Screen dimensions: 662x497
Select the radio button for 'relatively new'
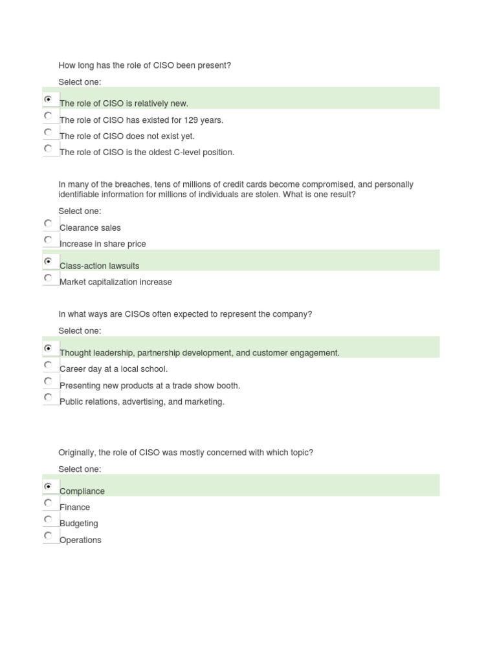[x=48, y=100]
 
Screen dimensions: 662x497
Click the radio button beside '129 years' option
[x=48, y=116]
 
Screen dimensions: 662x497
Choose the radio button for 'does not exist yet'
[x=48, y=132]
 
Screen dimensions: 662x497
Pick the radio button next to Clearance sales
[x=48, y=223]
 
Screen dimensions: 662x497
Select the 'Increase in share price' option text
[x=103, y=244]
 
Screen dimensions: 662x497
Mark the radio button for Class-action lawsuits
[x=48, y=262]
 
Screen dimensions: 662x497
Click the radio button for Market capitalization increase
[x=48, y=278]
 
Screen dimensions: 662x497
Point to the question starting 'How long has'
[x=144, y=65]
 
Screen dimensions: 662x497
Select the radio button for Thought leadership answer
[x=48, y=348]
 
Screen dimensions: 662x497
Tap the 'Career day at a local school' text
[x=114, y=369]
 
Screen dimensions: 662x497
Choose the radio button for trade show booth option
[x=48, y=381]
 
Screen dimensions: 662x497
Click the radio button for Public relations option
[x=48, y=397]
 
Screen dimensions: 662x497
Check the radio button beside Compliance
[x=48, y=486]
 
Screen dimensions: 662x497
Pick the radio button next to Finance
[x=48, y=502]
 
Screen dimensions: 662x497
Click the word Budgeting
[x=79, y=524]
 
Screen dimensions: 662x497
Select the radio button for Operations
[x=48, y=535]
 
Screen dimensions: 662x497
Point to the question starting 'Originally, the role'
[x=186, y=453]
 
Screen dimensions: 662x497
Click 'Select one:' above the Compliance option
[x=80, y=469]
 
